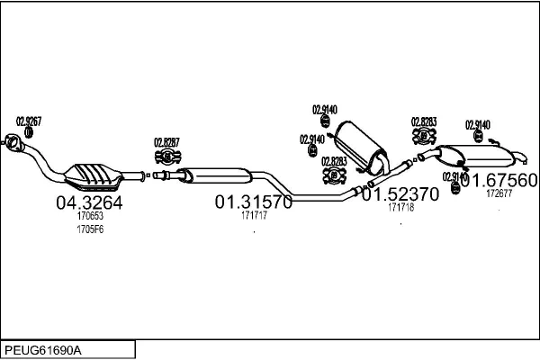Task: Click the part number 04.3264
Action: click(89, 202)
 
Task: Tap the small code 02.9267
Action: click(29, 120)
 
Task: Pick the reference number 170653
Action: click(90, 217)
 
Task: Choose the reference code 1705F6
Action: click(90, 230)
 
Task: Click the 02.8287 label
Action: click(166, 141)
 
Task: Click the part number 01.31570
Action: click(253, 202)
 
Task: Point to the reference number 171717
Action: click(253, 216)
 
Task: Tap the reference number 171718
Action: click(400, 208)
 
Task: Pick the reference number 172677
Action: click(499, 193)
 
